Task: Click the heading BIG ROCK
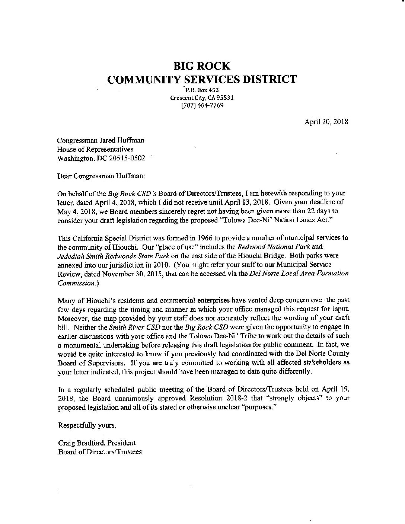point(202,66)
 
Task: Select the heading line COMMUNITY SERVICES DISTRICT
point(202,79)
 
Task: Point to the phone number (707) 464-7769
point(202,105)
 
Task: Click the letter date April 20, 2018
point(326,122)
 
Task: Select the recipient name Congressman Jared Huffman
point(101,141)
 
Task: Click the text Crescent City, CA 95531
point(202,98)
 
